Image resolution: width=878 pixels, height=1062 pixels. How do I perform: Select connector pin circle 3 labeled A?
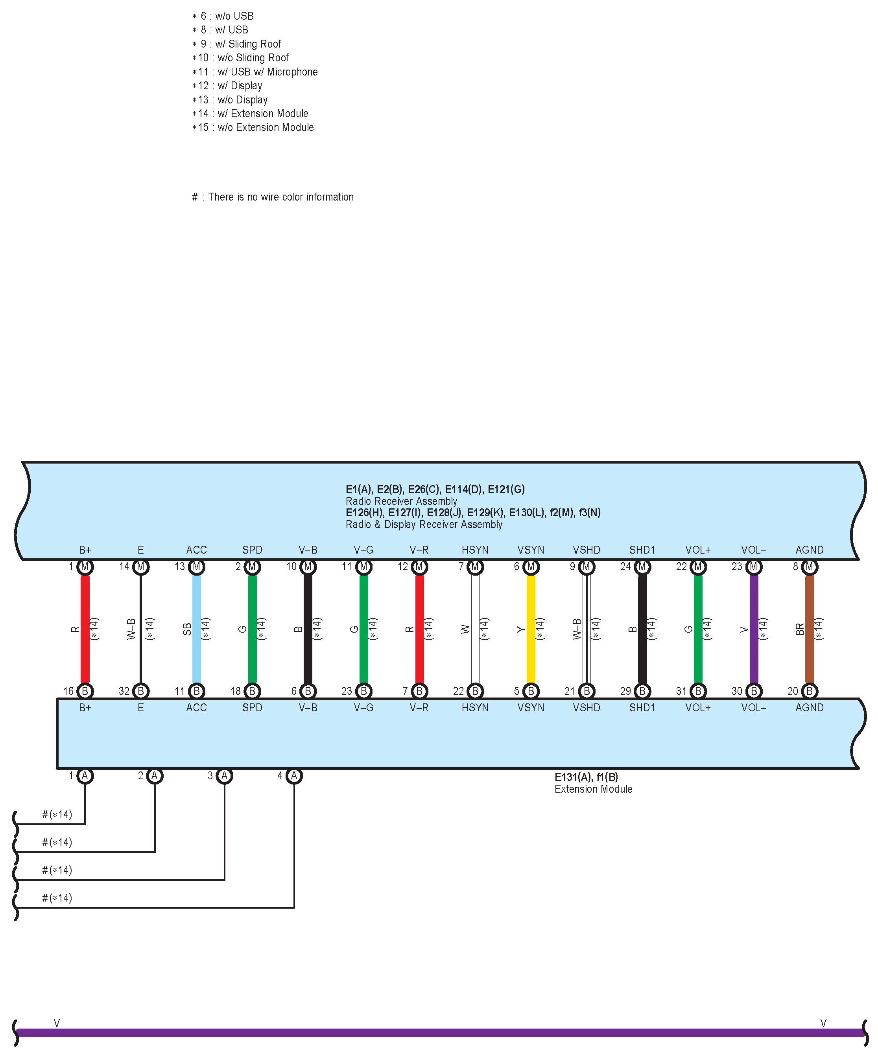coord(225,775)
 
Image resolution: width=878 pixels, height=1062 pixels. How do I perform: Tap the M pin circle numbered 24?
coord(642,567)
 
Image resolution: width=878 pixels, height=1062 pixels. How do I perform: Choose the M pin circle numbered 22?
coord(698,567)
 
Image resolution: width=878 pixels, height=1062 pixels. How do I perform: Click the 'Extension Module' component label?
coord(593,789)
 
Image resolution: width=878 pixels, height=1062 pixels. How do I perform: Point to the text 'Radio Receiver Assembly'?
coord(401,501)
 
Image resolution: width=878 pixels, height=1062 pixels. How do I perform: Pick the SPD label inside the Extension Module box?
coord(252,708)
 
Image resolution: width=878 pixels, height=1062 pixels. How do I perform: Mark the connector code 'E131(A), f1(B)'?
coord(586,777)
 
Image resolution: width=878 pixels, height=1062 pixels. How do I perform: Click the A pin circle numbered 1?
coord(85,775)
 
